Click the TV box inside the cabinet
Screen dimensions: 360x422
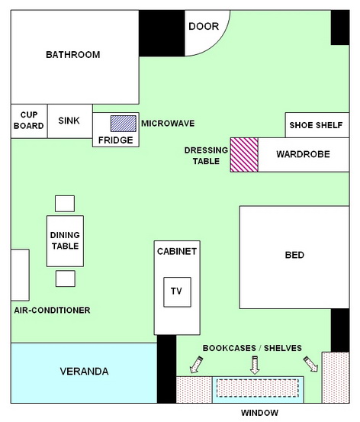tap(177, 292)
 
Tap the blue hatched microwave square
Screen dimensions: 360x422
tap(124, 124)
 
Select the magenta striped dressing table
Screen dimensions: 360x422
tap(244, 155)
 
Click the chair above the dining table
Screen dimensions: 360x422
tap(65, 204)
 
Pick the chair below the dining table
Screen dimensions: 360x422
tap(66, 279)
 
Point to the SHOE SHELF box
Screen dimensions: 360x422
tap(317, 125)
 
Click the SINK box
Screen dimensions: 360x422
tap(70, 121)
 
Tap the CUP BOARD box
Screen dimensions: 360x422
tap(29, 121)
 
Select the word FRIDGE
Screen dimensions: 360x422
tap(115, 140)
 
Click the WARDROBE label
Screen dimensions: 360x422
tap(303, 154)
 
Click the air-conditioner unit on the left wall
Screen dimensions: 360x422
tap(20, 275)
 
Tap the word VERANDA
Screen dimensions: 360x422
tap(84, 372)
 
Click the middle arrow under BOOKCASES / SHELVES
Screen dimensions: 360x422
tap(255, 365)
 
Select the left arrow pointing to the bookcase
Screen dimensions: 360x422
tap(196, 365)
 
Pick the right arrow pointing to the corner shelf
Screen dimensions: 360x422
tap(310, 364)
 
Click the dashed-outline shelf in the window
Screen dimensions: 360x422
tap(258, 388)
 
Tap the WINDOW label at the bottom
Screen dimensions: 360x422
tap(259, 413)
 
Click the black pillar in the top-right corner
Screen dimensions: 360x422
tap(340, 27)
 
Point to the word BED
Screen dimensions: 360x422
tap(294, 255)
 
